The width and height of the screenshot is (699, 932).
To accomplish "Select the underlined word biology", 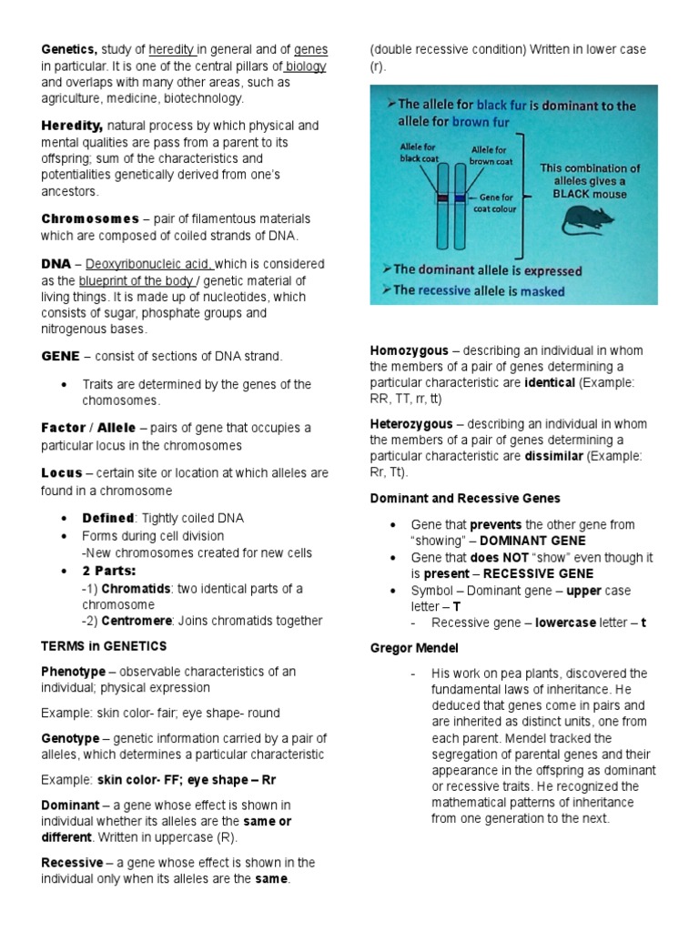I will [306, 66].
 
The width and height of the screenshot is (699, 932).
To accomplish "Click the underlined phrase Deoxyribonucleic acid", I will [150, 264].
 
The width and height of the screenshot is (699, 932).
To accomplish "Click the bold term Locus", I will [61, 473].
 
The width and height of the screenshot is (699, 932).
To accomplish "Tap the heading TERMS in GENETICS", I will [104, 646].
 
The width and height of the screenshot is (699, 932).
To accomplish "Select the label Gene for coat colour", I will [497, 201].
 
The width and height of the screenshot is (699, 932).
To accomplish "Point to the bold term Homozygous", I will [409, 350].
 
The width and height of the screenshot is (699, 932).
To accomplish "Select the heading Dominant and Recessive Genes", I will [465, 499].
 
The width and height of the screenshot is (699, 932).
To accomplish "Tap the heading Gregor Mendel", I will [414, 648].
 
